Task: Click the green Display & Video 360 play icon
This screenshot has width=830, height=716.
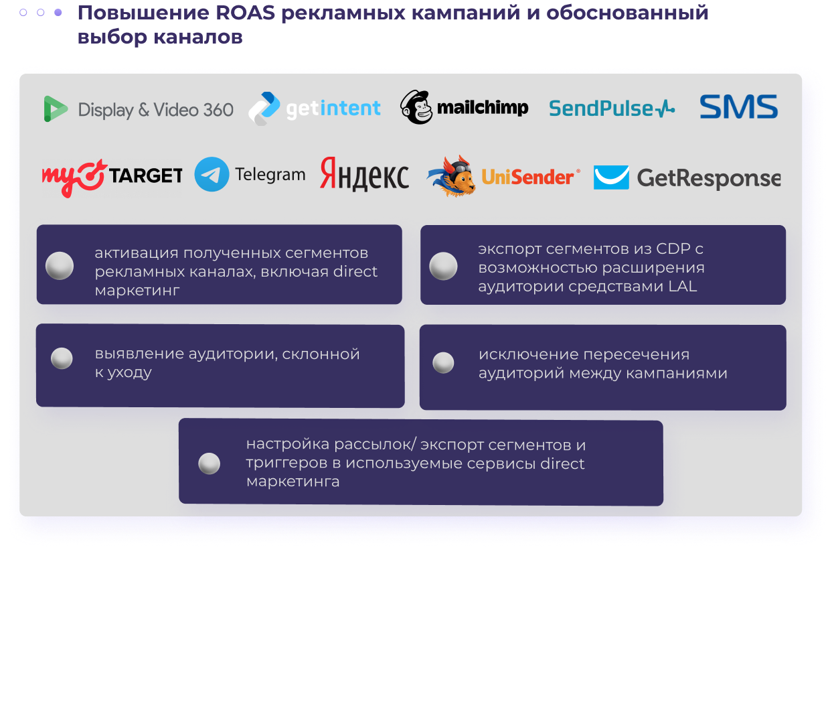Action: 56,109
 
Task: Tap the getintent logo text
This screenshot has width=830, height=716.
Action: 333,109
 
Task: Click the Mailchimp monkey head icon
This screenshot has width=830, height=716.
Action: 416,107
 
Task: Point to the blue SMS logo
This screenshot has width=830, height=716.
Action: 739,107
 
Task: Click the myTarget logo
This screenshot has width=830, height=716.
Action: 112,176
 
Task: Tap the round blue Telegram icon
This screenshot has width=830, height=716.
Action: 212,174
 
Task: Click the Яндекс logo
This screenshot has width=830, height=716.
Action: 364,175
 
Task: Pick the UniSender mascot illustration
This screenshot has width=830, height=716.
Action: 451,176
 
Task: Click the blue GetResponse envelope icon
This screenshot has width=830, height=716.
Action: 611,177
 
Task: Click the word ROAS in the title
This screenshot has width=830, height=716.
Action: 245,13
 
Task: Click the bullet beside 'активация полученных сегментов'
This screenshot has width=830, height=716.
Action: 60,266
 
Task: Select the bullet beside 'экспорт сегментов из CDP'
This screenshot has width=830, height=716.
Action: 443,266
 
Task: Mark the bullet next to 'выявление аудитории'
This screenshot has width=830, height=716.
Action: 62,358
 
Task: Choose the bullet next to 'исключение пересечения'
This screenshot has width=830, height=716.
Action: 443,362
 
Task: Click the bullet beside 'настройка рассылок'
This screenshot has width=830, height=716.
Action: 210,463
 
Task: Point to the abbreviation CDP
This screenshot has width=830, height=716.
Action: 673,249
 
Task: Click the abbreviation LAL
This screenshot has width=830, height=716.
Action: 683,287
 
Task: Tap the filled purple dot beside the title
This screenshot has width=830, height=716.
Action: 58,13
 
